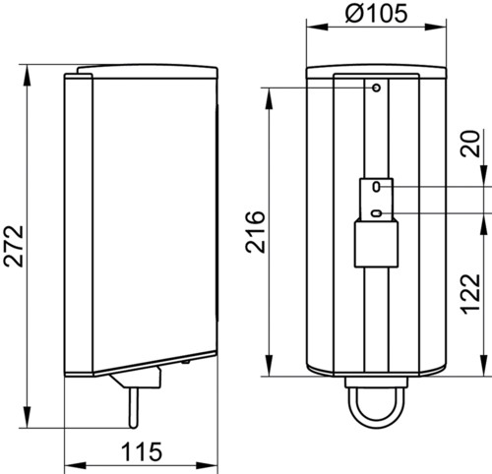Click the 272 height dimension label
click(14, 246)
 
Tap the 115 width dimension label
click(142, 451)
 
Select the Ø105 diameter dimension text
click(376, 14)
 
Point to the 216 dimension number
click(255, 232)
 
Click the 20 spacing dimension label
click(470, 144)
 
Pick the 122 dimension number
click(471, 294)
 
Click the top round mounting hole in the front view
click(377, 88)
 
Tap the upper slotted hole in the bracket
click(377, 187)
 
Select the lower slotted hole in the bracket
click(376, 213)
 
